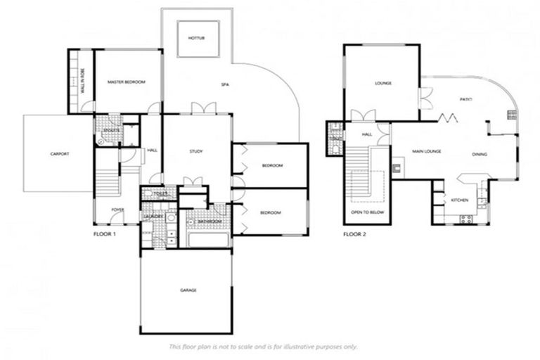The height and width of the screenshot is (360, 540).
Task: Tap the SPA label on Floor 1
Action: point(226,84)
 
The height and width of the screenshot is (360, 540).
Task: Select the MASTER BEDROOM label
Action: point(127,82)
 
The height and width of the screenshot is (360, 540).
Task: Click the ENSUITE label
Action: point(109,130)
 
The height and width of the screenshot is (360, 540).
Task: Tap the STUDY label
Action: point(196,151)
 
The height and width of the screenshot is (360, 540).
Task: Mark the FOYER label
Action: point(117,210)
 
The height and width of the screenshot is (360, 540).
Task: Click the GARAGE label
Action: point(187,290)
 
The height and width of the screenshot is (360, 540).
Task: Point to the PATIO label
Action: point(465,100)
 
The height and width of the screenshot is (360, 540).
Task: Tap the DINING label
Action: point(480,154)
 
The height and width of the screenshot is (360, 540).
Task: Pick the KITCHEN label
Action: point(460,200)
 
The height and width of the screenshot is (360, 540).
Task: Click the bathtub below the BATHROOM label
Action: point(208,239)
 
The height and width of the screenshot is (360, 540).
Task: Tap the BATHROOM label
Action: point(209,222)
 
